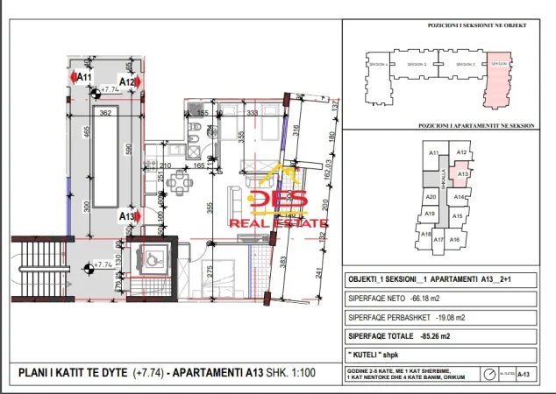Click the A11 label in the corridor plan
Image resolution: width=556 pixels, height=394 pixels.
[84, 78]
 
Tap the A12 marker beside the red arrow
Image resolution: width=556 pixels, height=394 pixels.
[127, 82]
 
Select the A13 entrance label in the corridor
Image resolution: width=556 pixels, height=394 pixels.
[127, 216]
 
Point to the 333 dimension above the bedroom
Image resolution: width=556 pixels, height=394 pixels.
[252, 113]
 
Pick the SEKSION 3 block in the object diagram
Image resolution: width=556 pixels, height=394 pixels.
[464, 66]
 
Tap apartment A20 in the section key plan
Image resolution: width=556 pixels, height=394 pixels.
[431, 198]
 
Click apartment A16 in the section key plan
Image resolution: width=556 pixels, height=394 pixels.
[454, 239]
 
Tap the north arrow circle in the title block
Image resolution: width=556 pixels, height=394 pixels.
[489, 374]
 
